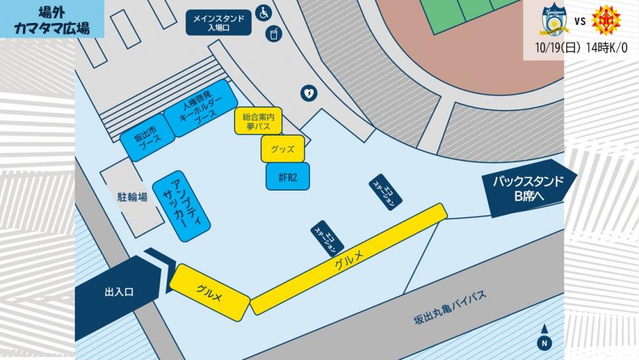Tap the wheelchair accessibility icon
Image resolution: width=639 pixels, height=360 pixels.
click(263, 12)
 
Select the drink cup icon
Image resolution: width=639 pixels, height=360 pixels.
click(274, 33)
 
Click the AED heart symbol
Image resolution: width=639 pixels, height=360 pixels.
click(308, 93)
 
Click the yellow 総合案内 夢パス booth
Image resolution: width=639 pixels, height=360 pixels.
click(258, 121)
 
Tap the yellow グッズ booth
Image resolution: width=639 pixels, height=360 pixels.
click(282, 148)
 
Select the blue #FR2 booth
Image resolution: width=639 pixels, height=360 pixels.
click(288, 176)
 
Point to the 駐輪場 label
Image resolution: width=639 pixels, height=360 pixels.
click(132, 197)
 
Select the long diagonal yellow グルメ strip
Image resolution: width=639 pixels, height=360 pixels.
click(348, 259)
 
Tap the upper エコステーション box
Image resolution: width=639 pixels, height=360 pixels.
click(386, 191)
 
